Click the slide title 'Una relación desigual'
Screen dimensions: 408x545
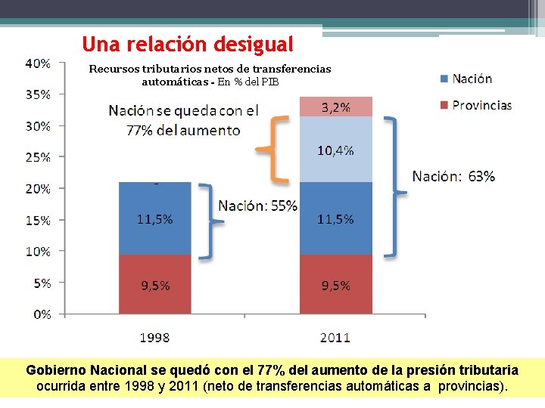(x=187, y=43)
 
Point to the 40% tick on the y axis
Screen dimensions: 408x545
(x=38, y=63)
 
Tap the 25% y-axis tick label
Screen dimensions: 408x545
(x=38, y=157)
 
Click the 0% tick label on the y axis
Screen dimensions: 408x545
(x=42, y=314)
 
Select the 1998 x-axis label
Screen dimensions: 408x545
(x=154, y=338)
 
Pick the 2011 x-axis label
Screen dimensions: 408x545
(x=335, y=338)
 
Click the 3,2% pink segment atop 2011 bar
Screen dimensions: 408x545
(x=336, y=107)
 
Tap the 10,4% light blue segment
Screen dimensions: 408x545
(x=336, y=150)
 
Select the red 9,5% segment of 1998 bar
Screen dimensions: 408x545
(x=154, y=285)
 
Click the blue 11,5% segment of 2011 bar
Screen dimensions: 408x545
(x=336, y=219)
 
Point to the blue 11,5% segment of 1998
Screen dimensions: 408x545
(x=154, y=219)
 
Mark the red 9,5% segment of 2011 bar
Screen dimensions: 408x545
(x=336, y=285)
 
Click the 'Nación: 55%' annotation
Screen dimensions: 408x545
(x=258, y=206)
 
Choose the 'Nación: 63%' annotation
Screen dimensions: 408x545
(x=453, y=177)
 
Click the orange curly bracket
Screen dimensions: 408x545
(x=273, y=149)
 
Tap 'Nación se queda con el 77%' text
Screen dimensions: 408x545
(x=183, y=119)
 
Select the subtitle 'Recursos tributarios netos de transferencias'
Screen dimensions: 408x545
(x=210, y=69)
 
